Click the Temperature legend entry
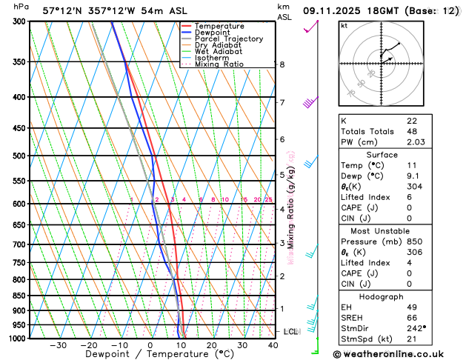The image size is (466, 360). pyautogui.click(x=220, y=26)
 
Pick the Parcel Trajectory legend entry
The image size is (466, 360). pyautogui.click(x=228, y=39)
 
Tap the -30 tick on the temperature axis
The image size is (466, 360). pyautogui.click(x=58, y=345)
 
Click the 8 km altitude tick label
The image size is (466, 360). pyautogui.click(x=282, y=64)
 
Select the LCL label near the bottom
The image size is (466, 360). pyautogui.click(x=290, y=332)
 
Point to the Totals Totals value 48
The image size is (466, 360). pyautogui.click(x=412, y=131)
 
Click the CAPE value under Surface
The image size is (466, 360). pyautogui.click(x=409, y=208)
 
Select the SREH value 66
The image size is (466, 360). pyautogui.click(x=412, y=317)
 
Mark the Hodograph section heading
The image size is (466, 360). pyautogui.click(x=382, y=296)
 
